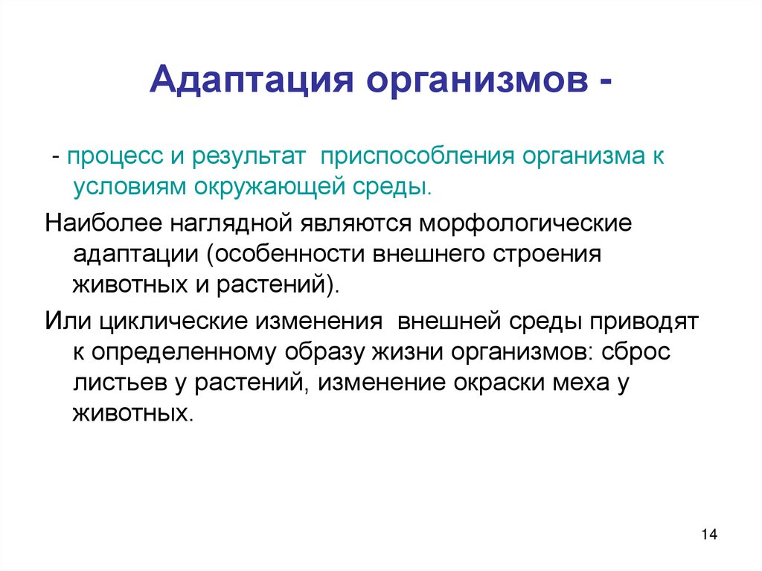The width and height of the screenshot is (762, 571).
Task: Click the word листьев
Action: point(114,383)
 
